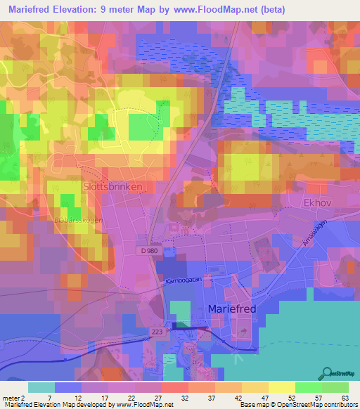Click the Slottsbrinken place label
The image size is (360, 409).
pos(112,188)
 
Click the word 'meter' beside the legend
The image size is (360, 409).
pos(12,397)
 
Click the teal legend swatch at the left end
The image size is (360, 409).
pos(41,387)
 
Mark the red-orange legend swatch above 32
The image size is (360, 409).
pos(174,387)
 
